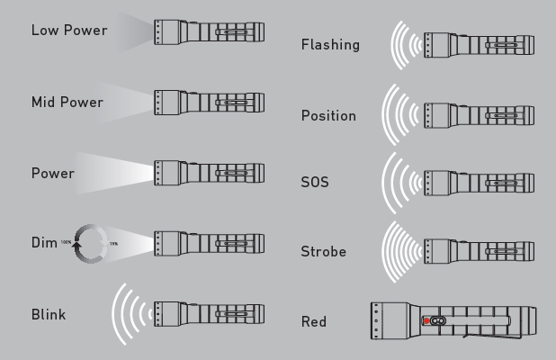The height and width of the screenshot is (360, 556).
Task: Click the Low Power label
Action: (68, 31)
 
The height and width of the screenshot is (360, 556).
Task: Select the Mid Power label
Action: (67, 103)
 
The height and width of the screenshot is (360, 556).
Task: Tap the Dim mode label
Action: (43, 243)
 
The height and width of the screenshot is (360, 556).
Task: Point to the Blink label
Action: (49, 315)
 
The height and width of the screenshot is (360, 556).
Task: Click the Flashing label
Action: (330, 45)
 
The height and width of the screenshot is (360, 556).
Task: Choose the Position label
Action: (328, 116)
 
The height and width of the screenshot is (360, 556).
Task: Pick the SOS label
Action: (315, 182)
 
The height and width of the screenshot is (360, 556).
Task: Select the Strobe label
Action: (323, 252)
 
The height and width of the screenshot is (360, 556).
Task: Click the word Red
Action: (314, 321)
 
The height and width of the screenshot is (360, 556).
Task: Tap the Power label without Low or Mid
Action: (52, 173)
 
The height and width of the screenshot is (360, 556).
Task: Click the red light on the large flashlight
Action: (426, 320)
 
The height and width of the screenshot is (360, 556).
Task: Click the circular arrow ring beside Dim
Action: (91, 243)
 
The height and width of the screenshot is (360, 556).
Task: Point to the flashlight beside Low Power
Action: (209, 32)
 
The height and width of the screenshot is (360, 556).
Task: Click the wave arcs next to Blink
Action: (130, 315)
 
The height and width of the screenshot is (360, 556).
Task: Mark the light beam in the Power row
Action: (117, 173)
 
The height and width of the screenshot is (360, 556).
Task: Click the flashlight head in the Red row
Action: (390, 320)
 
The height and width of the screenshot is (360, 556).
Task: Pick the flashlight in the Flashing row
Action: (479, 44)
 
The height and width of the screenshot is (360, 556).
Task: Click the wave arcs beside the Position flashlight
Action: (401, 115)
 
